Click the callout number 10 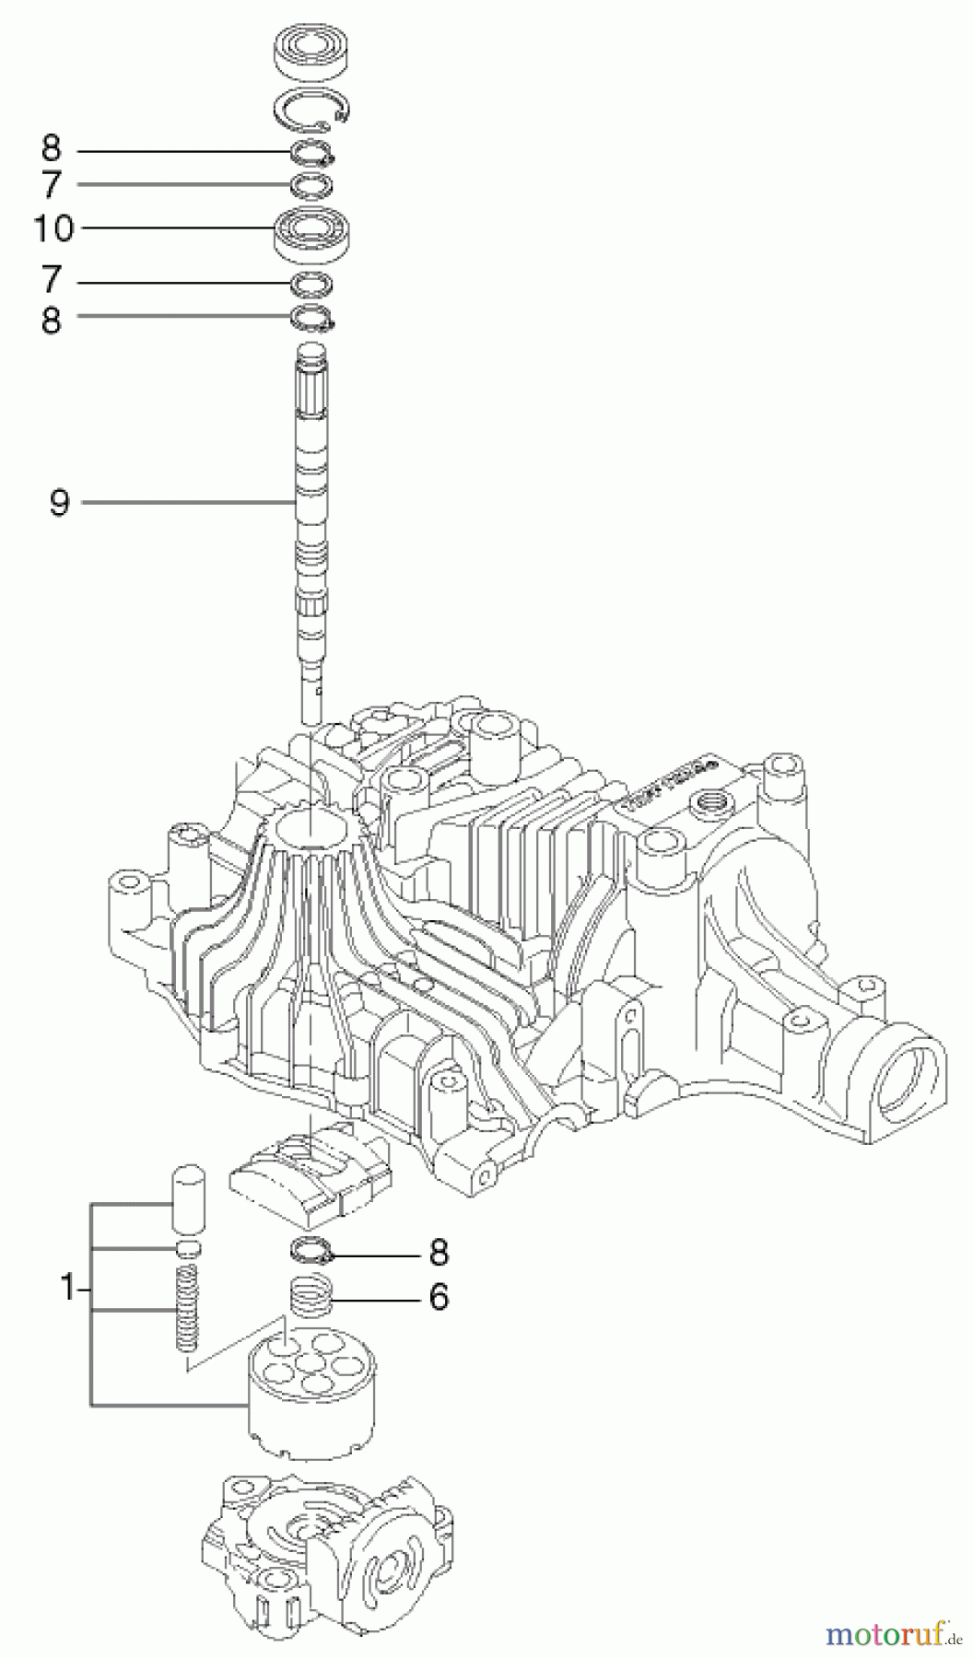click(53, 228)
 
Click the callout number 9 click(59, 503)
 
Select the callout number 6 click(438, 1297)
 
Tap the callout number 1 click(65, 1290)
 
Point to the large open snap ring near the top click(315, 112)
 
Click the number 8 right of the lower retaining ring click(438, 1252)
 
